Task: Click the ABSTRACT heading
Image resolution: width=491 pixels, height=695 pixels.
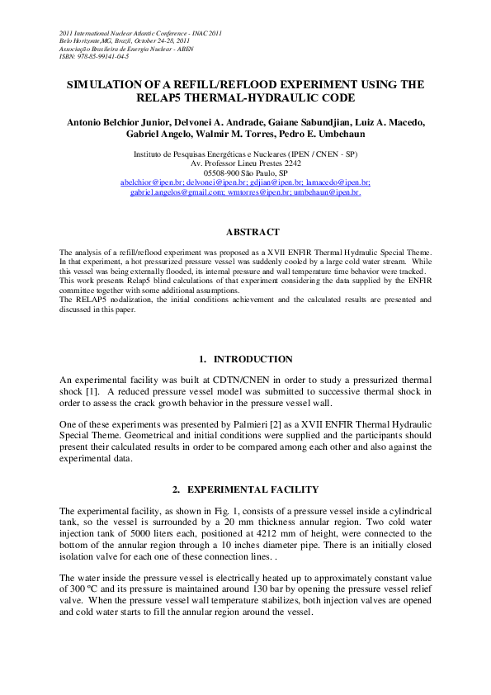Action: point(253,233)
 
